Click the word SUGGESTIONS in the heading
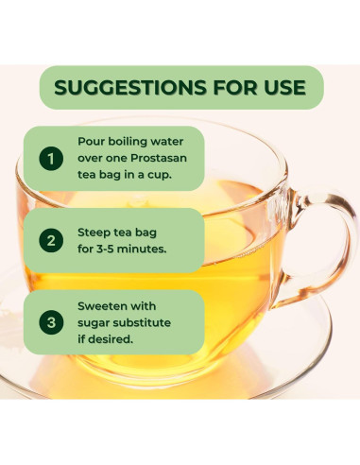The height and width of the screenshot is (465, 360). pyautogui.click(x=130, y=87)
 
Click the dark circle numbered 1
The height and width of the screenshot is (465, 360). pyautogui.click(x=51, y=159)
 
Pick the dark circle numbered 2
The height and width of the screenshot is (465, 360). pyautogui.click(x=51, y=240)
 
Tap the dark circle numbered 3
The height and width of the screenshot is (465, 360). pyautogui.click(x=51, y=322)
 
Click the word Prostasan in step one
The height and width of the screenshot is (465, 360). pyautogui.click(x=159, y=158)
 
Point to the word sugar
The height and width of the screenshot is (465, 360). pyautogui.click(x=94, y=323)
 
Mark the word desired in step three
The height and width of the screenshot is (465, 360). pyautogui.click(x=111, y=339)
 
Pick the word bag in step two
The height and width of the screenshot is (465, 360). pyautogui.click(x=146, y=233)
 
